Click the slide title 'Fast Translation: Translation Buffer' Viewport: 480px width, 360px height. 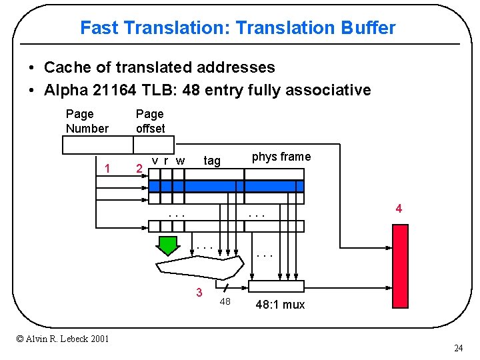[x=237, y=28]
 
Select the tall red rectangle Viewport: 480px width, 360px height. [x=400, y=266]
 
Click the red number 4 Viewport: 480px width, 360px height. [x=399, y=209]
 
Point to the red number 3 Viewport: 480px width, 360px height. [x=199, y=293]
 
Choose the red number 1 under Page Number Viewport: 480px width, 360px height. [x=107, y=168]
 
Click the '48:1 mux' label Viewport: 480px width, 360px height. [x=280, y=305]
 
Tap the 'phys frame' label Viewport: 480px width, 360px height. [x=281, y=157]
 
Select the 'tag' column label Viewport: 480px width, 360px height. [x=212, y=160]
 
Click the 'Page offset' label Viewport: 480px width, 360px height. [x=150, y=121]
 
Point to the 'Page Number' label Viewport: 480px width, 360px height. [x=87, y=121]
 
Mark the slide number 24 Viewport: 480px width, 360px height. [x=458, y=348]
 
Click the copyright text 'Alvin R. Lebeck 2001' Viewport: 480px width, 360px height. [x=63, y=339]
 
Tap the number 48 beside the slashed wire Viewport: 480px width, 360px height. [x=225, y=302]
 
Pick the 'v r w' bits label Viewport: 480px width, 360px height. [x=168, y=160]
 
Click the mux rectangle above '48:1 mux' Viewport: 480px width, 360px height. [x=276, y=287]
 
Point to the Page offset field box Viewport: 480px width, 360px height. [x=153, y=145]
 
